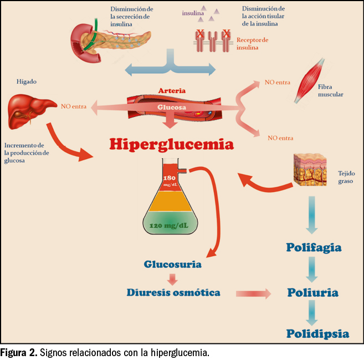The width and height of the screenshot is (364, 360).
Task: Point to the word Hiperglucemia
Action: [171, 144]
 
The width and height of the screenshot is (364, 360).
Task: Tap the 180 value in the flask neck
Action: [170, 178]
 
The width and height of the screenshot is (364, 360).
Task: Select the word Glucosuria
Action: [172, 265]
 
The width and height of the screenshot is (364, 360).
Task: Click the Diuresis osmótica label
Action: [173, 292]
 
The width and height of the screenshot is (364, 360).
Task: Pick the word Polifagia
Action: [314, 247]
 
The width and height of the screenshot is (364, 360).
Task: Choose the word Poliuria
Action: [313, 292]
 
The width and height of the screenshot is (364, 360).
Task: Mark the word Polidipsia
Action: [317, 333]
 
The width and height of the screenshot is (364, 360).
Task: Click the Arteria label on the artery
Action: [172, 90]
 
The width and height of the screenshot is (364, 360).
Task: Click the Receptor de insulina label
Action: [252, 44]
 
